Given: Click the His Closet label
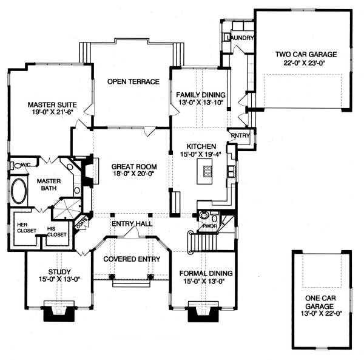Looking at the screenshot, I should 56,231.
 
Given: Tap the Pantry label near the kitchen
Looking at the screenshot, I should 239,135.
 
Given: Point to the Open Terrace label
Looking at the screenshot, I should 133,81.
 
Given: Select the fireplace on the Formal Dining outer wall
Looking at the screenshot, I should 200,313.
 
